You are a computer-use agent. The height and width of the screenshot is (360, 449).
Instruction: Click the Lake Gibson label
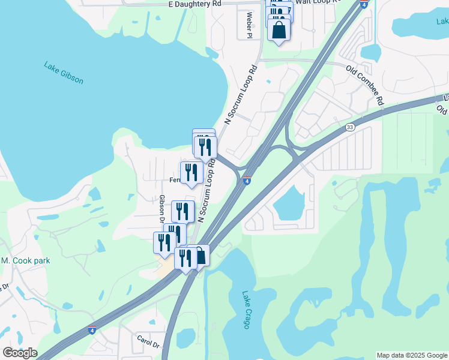pos(63,72)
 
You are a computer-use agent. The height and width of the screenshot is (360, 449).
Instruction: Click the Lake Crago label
pos(247,310)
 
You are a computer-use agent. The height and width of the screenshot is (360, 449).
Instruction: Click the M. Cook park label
pos(25,261)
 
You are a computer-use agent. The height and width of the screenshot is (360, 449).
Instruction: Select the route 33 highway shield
pos(350,127)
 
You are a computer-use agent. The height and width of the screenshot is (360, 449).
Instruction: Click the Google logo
pos(20,353)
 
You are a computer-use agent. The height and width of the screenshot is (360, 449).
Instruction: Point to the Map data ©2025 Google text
pos(412,355)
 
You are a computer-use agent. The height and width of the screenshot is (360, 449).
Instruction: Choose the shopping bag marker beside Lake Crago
pos(199,256)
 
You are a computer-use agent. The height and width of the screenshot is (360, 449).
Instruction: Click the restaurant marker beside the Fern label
pos(191,173)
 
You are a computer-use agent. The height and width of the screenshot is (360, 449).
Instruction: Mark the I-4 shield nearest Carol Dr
pos(92,330)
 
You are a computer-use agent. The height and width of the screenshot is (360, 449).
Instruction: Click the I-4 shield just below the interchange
pos(247,180)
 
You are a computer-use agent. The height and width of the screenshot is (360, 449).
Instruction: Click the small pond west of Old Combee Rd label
pos(371,53)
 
